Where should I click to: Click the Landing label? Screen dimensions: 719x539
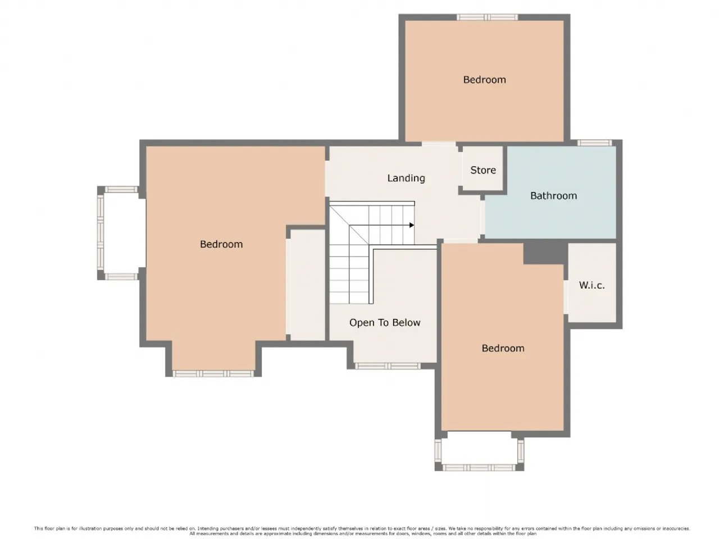[406, 178]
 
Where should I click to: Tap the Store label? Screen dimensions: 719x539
[483, 170]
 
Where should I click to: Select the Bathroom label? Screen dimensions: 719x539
[553, 196]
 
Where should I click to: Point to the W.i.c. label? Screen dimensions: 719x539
[591, 285]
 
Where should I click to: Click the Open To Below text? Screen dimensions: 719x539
[385, 323]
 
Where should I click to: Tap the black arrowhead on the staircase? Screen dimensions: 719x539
[412, 225]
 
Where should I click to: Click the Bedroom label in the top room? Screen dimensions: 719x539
[484, 80]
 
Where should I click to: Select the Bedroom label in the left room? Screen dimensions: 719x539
[221, 244]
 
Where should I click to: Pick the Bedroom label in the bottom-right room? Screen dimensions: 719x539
[503, 348]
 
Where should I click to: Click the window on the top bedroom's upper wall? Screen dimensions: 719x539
[488, 17]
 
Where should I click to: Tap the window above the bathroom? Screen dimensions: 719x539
[594, 143]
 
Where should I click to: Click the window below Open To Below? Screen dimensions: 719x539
[388, 366]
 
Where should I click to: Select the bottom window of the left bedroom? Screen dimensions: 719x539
[213, 374]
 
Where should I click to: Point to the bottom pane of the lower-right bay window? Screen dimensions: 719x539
[479, 468]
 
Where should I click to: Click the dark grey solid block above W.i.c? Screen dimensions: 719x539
[545, 253]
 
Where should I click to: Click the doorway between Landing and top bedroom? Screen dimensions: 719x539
[439, 144]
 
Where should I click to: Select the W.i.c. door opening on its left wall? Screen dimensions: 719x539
[566, 297]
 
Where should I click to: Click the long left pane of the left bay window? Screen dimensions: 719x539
[101, 232]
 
